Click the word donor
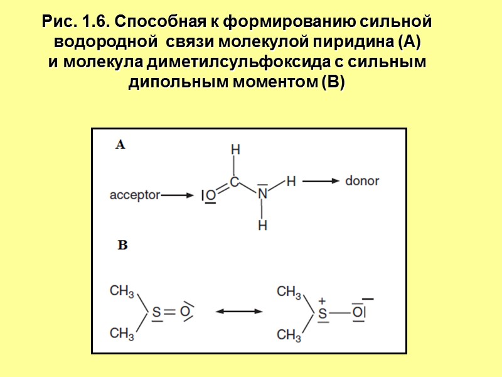tap(362, 181)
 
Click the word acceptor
tap(135, 195)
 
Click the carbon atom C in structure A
tap(234, 182)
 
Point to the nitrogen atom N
tap(262, 195)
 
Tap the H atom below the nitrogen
tap(263, 224)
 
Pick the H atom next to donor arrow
tap(291, 181)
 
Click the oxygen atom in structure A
tap(211, 196)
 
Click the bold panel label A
tap(120, 145)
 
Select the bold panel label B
tap(122, 246)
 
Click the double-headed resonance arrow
tap(239, 311)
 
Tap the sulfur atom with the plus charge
tap(323, 312)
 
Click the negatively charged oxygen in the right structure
tap(358, 312)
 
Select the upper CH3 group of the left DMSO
tap(122, 292)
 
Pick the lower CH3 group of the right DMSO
tap(289, 334)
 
